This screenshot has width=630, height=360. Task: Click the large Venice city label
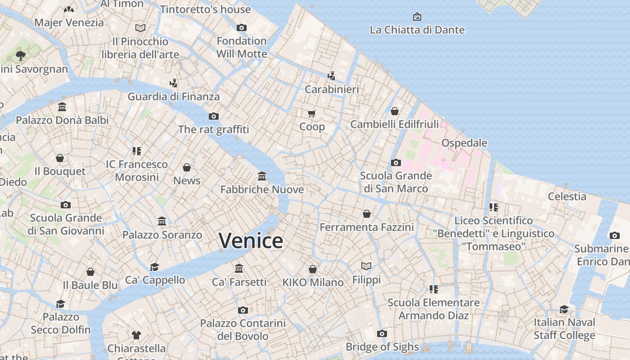251,240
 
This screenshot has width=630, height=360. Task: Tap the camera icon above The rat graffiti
214,117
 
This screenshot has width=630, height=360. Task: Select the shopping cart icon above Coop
312,113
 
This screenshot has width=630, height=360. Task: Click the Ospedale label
464,143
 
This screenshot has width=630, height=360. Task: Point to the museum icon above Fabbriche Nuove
262,176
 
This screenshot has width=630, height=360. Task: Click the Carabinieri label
332,90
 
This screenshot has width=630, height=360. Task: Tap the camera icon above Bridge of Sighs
382,333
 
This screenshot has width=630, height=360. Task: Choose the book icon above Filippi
366,266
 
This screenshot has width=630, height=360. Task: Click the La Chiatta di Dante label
417,30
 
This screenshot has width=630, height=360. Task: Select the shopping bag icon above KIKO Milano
313,269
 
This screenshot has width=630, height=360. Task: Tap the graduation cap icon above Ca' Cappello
155,267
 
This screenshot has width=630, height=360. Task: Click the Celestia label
567,196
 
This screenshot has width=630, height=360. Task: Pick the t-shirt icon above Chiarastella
136,335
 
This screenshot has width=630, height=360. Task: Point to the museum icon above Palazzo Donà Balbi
62,107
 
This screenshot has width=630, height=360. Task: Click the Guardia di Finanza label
174,97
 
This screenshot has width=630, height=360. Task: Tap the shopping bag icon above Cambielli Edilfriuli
395,111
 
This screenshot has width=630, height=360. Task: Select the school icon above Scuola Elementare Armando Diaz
434,289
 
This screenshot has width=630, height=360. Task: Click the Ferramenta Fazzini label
366,227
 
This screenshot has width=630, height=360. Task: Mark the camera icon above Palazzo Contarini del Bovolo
243,310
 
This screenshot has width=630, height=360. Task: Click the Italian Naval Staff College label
564,328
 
